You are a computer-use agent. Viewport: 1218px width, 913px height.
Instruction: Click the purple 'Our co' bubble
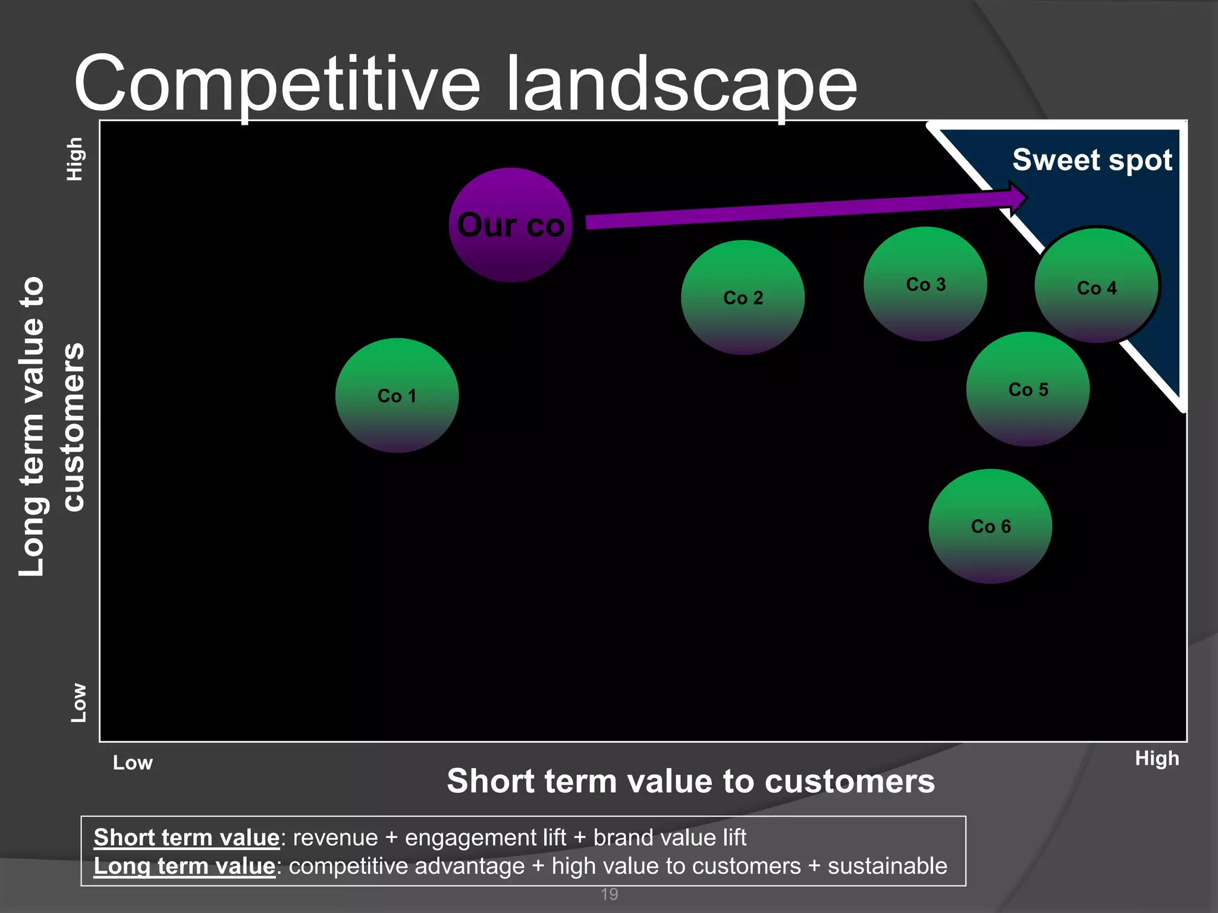tap(510, 225)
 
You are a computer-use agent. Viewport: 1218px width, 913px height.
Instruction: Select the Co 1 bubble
tap(397, 395)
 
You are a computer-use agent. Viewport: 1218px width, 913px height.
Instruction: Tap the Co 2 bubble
tap(743, 297)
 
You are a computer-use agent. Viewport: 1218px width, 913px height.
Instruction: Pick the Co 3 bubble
tap(925, 284)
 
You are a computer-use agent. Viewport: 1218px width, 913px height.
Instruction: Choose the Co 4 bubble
tap(1097, 287)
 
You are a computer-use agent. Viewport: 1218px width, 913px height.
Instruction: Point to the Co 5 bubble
tap(1028, 389)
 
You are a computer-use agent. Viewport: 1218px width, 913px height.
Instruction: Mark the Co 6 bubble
tap(990, 526)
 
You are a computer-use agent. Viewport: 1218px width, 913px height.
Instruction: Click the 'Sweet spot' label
tap(1092, 160)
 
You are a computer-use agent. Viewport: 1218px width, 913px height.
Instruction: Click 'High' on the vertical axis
tap(74, 159)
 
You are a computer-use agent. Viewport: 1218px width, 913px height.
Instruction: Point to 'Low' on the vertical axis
tap(78, 703)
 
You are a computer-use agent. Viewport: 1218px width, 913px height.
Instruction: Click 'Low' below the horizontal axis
tap(133, 763)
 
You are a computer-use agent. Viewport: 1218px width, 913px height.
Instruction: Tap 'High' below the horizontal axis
tap(1157, 758)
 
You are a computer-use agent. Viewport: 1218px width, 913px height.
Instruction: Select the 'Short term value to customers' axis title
tap(690, 780)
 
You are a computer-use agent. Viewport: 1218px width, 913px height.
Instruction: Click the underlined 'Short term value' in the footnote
tap(186, 838)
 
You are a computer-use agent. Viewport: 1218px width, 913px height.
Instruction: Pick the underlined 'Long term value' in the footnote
tap(184, 866)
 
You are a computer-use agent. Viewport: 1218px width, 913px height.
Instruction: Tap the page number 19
tap(609, 894)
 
